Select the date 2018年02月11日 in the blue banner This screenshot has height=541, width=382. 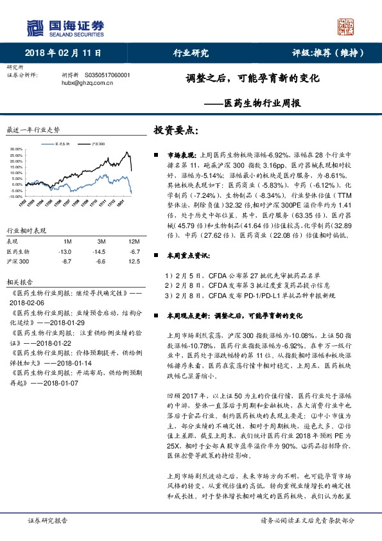(64, 53)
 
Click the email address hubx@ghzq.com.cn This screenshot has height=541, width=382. (83, 83)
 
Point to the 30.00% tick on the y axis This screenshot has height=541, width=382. (15, 150)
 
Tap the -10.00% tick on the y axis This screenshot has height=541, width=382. (15, 196)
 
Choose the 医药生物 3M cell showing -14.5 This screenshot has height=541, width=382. (98, 252)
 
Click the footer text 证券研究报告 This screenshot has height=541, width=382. (48, 521)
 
